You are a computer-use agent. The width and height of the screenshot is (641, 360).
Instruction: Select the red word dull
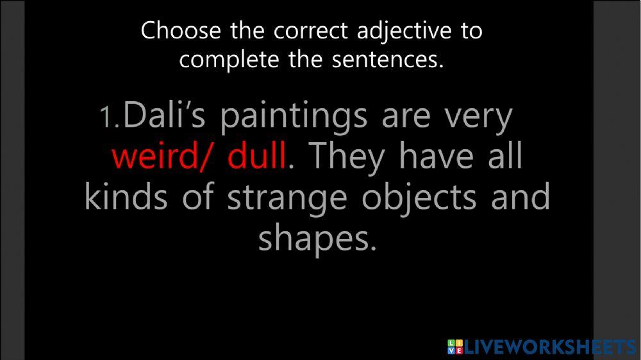[x=256, y=157]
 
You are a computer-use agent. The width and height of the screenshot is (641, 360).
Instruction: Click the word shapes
[x=315, y=239]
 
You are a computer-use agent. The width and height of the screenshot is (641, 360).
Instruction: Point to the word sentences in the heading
[x=388, y=60]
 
